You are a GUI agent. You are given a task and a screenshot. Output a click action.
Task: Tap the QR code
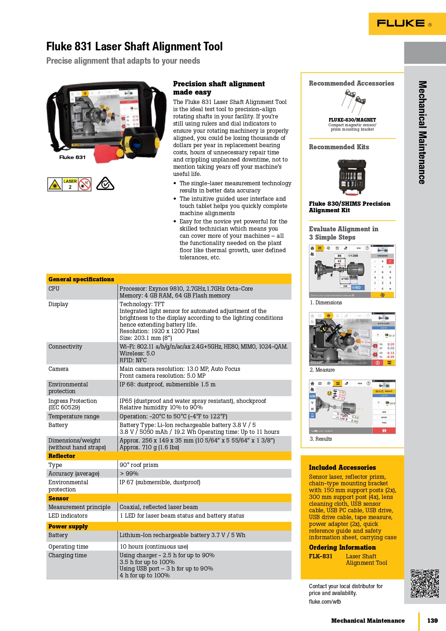click(x=425, y=583)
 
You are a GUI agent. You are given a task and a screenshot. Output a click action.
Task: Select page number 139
click(x=432, y=621)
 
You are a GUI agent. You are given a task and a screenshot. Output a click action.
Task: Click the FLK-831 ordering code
click(x=321, y=556)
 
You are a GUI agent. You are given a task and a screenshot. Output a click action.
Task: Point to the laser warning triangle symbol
click(x=55, y=185)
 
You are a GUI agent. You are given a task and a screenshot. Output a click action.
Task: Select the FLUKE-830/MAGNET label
click(x=352, y=120)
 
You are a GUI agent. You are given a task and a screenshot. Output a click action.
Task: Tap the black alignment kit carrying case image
click(x=351, y=177)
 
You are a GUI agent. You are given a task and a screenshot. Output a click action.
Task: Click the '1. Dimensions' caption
click(x=326, y=303)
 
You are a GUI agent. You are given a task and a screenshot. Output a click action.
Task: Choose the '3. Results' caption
click(x=321, y=439)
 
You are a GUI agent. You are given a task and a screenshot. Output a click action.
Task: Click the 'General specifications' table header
click(x=81, y=279)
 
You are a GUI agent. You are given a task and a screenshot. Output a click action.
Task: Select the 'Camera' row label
click(x=58, y=369)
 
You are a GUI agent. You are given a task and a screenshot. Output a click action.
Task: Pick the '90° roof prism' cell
click(x=139, y=465)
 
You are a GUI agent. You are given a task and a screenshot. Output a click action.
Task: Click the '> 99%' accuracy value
click(x=129, y=473)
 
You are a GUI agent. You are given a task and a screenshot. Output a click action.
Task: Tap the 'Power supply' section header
click(x=68, y=526)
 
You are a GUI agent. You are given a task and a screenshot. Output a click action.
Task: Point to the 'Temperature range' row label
click(x=74, y=416)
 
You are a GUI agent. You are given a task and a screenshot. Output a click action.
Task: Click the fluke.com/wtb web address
click(x=325, y=602)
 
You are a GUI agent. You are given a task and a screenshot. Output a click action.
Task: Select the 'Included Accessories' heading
click(x=342, y=467)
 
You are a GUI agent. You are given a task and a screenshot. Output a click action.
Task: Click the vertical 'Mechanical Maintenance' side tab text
click(x=422, y=132)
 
